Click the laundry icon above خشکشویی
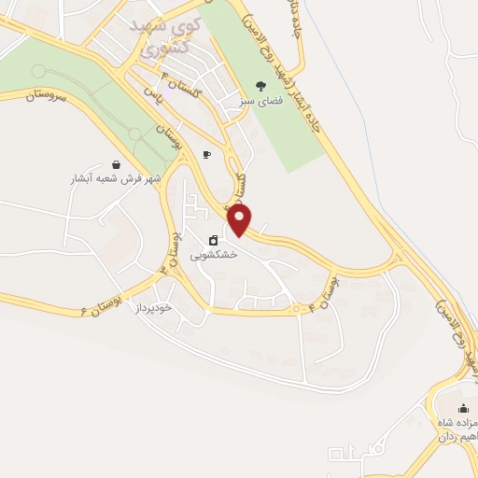point(214,240)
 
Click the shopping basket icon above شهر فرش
point(114,163)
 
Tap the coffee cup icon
point(206,155)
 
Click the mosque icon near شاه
point(463,409)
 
